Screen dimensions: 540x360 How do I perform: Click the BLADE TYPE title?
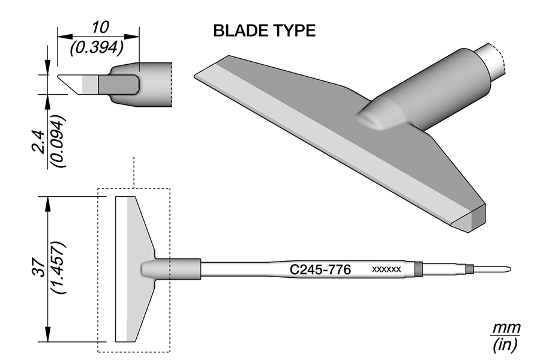(x=264, y=31)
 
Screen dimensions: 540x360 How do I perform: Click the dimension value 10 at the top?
(x=100, y=27)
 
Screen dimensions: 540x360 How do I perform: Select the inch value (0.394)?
(x=97, y=48)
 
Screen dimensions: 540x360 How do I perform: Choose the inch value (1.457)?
(x=58, y=268)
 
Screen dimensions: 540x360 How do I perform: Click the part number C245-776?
(x=320, y=269)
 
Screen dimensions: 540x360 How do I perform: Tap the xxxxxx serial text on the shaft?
(x=386, y=269)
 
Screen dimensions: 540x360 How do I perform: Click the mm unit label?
(x=506, y=328)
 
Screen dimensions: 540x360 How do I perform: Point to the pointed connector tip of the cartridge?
(x=509, y=269)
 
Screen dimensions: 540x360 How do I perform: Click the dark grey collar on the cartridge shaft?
(x=418, y=269)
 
